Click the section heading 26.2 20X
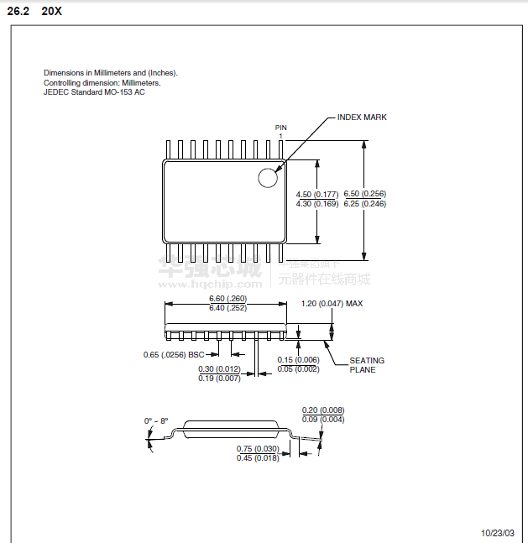[34, 11]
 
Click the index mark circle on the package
[268, 178]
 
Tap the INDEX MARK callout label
[362, 117]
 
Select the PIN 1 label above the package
[281, 130]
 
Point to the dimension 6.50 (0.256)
[365, 194]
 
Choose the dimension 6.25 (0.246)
[365, 204]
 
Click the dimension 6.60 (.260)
[227, 299]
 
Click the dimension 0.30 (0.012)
[219, 368]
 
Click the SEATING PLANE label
[367, 365]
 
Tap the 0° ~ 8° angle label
[156, 420]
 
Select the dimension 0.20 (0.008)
[323, 410]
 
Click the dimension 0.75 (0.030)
[258, 448]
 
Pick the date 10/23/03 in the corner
[497, 533]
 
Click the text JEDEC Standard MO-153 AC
[94, 91]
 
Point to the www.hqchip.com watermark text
[211, 284]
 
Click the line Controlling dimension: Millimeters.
[102, 82]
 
